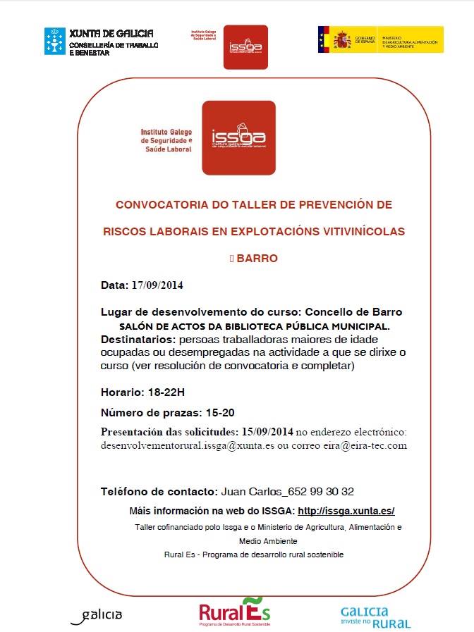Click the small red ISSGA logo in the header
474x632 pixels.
(245, 47)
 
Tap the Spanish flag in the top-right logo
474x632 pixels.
(324, 39)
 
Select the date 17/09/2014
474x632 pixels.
(157, 285)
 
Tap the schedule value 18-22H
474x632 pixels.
(167, 392)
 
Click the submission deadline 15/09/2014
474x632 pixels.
(267, 431)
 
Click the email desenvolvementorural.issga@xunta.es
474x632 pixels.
(187, 446)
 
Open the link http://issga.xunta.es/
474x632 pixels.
(346, 511)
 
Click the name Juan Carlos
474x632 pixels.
(250, 491)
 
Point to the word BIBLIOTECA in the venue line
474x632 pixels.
(269, 327)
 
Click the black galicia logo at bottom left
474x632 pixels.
(97, 615)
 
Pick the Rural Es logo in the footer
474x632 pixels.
(234, 612)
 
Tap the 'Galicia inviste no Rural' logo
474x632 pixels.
(375, 616)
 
